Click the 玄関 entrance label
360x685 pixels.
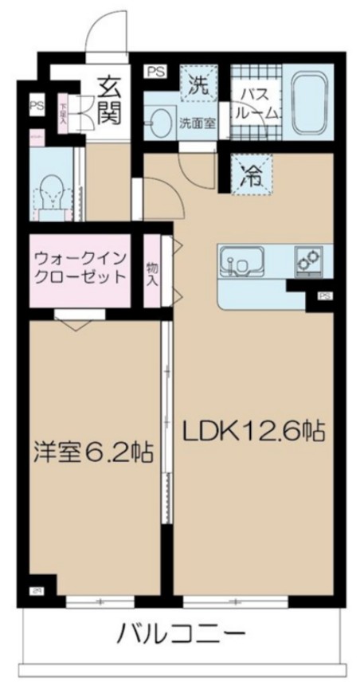(109, 100)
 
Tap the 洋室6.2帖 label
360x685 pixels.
(93, 452)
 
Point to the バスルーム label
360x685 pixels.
(256, 103)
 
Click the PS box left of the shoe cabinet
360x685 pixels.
(35, 105)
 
